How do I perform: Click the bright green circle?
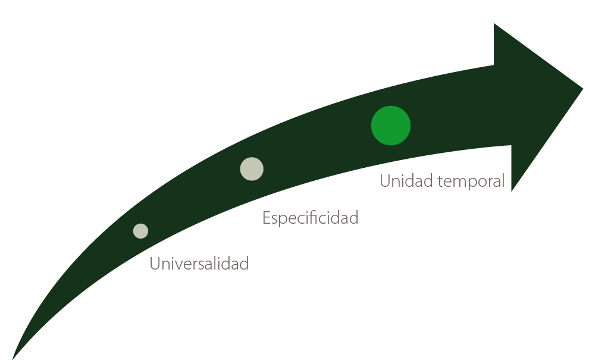pyautogui.click(x=391, y=126)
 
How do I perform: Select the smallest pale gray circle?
pyautogui.click(x=140, y=231)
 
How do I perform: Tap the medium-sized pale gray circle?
pyautogui.click(x=252, y=169)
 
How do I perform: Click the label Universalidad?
pyautogui.click(x=199, y=264)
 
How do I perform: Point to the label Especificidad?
pyautogui.click(x=311, y=218)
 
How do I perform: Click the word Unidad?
pyautogui.click(x=406, y=181)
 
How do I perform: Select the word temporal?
pyautogui.click(x=471, y=182)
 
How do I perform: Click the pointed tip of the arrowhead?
pyautogui.click(x=583, y=89)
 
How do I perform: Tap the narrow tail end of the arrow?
pyautogui.click(x=12, y=359)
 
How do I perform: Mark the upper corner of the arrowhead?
pyautogui.click(x=494, y=23)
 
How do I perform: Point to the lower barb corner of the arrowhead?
pyautogui.click(x=512, y=191)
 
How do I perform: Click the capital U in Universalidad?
pyautogui.click(x=154, y=264)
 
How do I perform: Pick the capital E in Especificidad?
pyautogui.click(x=266, y=218)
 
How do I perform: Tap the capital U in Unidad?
pyautogui.click(x=385, y=181)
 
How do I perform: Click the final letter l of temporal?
pyautogui.click(x=503, y=181)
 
